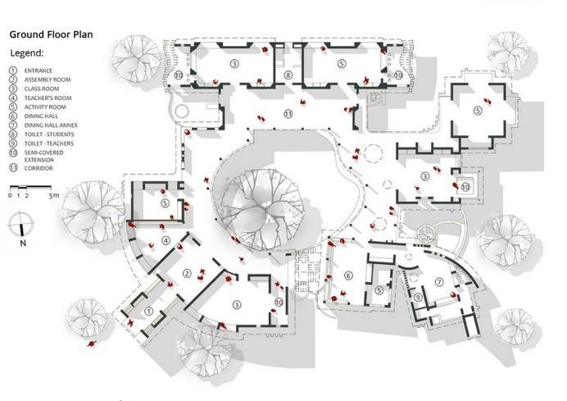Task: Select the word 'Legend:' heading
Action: pyautogui.click(x=26, y=52)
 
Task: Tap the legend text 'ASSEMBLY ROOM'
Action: pyautogui.click(x=48, y=80)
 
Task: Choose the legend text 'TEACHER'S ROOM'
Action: pyautogui.click(x=48, y=98)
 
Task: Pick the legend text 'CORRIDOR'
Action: pyautogui.click(x=39, y=167)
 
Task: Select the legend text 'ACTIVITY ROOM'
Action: pyautogui.click(x=46, y=107)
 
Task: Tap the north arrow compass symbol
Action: pyautogui.click(x=22, y=224)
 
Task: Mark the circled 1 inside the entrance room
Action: pyautogui.click(x=148, y=311)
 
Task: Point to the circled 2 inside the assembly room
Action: pyautogui.click(x=187, y=274)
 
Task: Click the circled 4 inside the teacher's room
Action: pyautogui.click(x=166, y=240)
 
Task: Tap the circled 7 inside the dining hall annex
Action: pyautogui.click(x=438, y=282)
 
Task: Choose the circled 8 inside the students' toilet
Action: pyautogui.click(x=288, y=75)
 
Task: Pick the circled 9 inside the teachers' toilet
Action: pyautogui.click(x=417, y=297)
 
